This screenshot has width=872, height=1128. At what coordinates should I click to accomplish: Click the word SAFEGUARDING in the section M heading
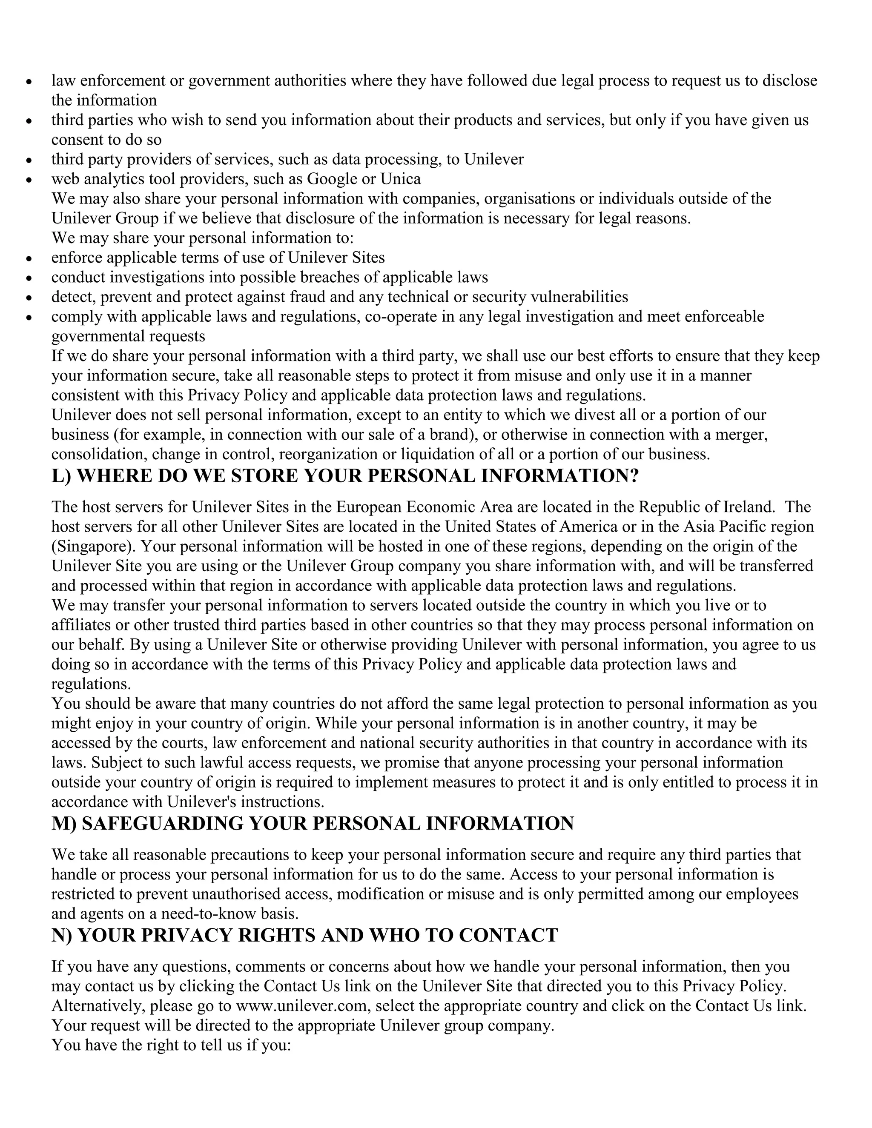162,823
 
